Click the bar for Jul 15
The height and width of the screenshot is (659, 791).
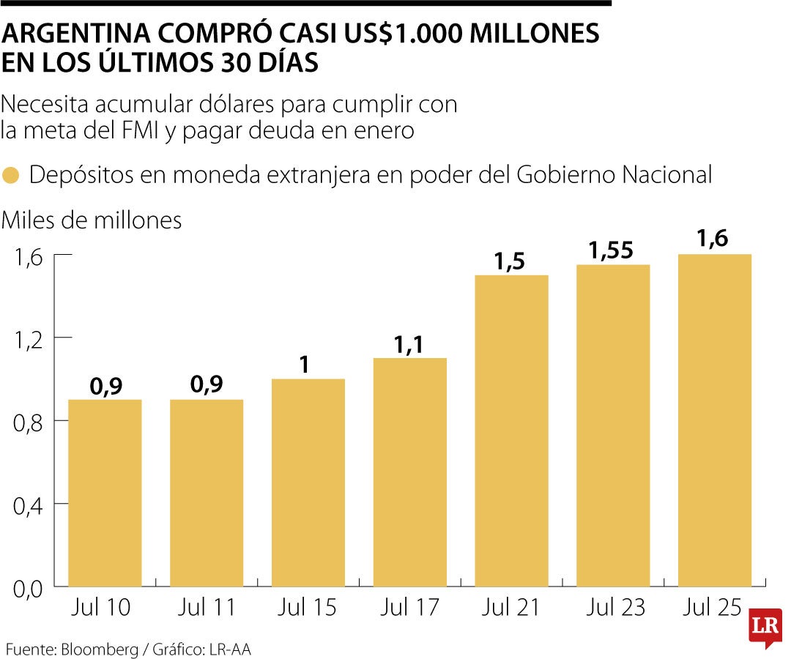point(308,483)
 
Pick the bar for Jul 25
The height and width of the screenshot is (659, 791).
point(715,420)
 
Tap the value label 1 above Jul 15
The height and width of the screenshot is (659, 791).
point(308,365)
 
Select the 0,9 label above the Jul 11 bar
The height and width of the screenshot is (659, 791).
point(207,384)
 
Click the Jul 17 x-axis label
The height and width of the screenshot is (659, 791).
point(409,608)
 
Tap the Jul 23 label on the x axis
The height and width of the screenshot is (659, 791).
point(613,608)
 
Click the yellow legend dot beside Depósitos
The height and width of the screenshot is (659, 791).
point(11,176)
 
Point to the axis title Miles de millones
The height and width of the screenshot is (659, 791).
point(92,220)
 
